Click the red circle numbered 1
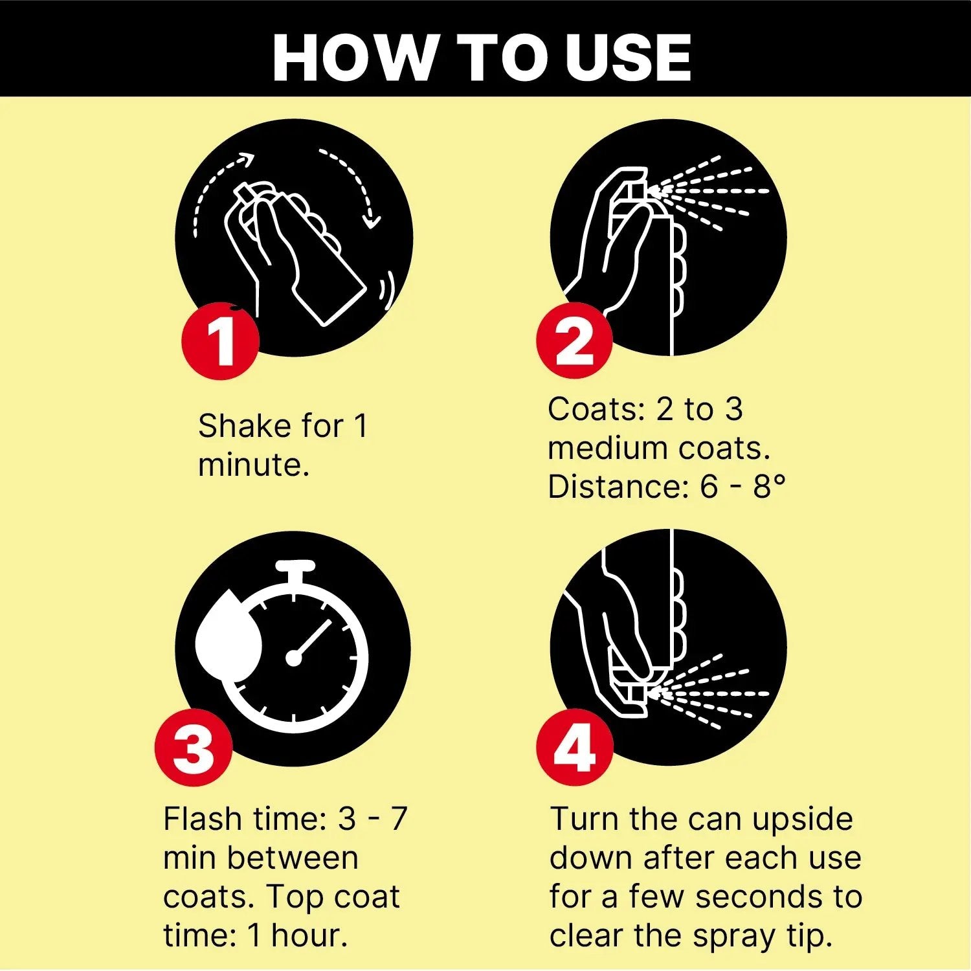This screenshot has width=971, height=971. [220, 340]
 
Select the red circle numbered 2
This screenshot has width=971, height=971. [574, 340]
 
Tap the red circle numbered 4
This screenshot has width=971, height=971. [574, 748]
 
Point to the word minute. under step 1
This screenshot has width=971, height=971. [254, 465]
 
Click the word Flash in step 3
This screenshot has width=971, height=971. [202, 819]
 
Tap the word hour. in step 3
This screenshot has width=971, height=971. [309, 935]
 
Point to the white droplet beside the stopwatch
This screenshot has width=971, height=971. [229, 636]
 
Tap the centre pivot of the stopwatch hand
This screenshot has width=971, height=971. [294, 658]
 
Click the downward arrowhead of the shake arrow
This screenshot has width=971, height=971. [372, 219]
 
